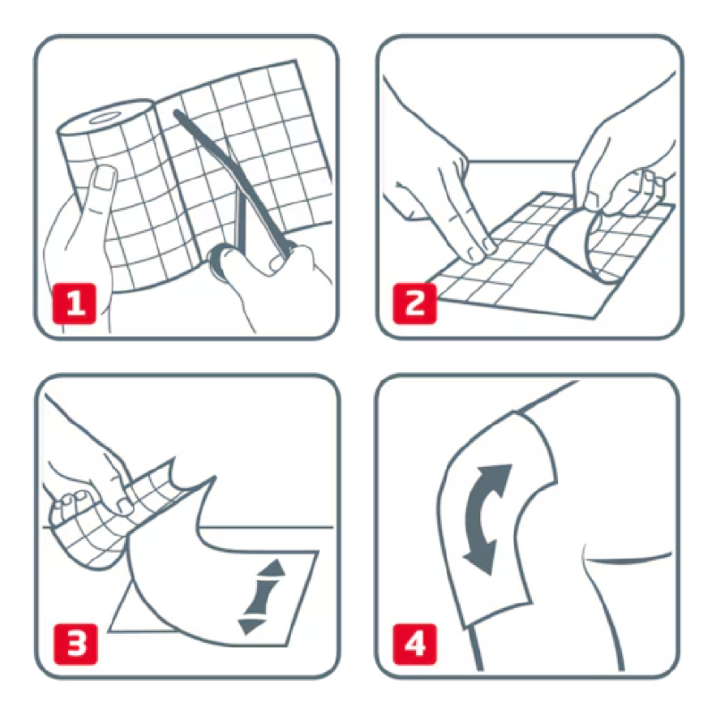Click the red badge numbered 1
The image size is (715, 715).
(x=73, y=303)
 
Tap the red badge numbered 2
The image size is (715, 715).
(x=415, y=303)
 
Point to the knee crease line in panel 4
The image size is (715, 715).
(x=625, y=559)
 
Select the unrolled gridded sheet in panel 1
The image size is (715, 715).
(x=259, y=143)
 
